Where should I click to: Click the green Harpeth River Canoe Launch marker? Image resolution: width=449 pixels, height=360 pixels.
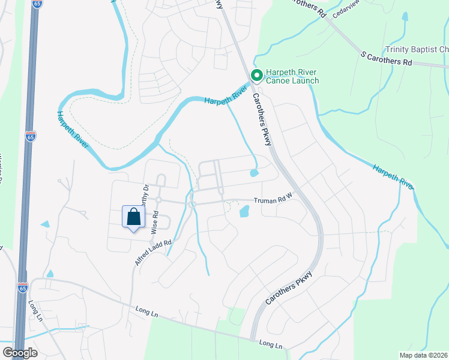(256, 75)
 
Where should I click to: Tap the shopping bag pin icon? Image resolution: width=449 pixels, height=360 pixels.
(133, 217)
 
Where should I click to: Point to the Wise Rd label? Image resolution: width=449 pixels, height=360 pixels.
(155, 222)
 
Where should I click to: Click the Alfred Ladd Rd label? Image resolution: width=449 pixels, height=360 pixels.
(153, 253)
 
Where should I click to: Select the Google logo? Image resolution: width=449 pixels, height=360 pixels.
(19, 353)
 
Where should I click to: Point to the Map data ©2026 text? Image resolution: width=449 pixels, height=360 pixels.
(424, 355)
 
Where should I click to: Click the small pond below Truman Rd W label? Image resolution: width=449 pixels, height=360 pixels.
(244, 212)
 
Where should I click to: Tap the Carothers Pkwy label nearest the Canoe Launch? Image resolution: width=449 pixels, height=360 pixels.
(262, 119)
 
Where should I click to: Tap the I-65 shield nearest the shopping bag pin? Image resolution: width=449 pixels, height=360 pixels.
(31, 137)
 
